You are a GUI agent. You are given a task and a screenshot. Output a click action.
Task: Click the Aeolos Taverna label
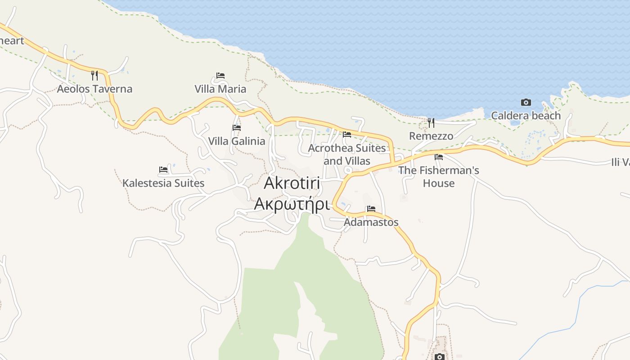point(94,89)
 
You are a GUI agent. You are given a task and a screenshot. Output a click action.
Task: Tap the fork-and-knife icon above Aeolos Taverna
point(94,75)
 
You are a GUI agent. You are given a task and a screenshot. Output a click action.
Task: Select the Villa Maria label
point(220,89)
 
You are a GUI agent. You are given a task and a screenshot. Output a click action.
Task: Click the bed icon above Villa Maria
point(220,75)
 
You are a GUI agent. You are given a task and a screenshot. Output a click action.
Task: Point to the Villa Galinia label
point(237,141)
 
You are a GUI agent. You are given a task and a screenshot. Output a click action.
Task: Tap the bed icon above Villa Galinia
point(237,127)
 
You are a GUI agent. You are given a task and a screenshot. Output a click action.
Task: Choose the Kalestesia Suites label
point(163,183)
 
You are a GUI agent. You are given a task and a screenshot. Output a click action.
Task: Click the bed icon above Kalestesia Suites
point(163,170)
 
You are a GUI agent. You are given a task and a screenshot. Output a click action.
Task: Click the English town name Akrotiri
point(292,183)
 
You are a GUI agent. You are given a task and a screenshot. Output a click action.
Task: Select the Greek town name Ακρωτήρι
point(292,203)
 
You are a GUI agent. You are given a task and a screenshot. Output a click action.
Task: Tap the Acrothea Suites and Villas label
point(347,154)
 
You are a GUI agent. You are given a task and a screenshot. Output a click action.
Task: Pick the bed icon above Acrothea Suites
point(347,134)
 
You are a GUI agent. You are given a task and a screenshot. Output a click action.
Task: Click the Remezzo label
point(431,135)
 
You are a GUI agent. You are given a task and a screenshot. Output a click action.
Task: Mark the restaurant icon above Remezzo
point(431,122)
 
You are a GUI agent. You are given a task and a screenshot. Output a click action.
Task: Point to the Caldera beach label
point(526,116)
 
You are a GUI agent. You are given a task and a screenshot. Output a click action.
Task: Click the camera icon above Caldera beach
point(526,103)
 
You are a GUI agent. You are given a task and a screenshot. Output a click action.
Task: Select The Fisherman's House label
point(439,177)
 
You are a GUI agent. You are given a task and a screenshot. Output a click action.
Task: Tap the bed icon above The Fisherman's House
point(439,157)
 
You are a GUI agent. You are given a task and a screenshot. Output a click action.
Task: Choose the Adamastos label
point(371,222)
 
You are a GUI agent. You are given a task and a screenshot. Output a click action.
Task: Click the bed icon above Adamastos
point(371,209)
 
